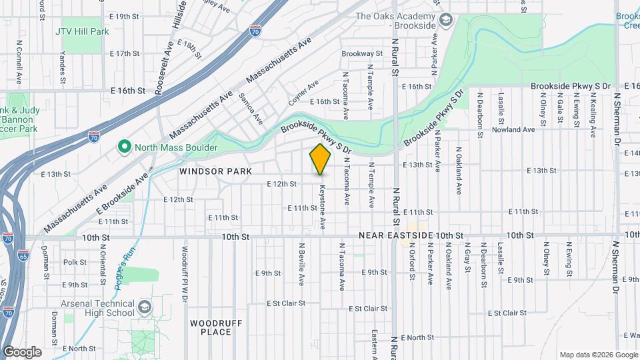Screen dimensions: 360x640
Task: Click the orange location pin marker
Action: click(x=321, y=159)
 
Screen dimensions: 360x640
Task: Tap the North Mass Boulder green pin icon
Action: click(x=123, y=147)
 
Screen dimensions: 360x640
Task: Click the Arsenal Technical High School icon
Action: click(x=145, y=307)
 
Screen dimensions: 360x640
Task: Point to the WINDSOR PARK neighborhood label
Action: click(x=215, y=171)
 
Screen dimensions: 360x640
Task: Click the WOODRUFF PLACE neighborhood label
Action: click(x=210, y=327)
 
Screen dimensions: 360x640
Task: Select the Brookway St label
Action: click(x=362, y=53)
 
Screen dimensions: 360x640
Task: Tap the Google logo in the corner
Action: click(x=22, y=352)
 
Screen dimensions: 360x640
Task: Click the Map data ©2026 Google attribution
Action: click(x=597, y=355)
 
